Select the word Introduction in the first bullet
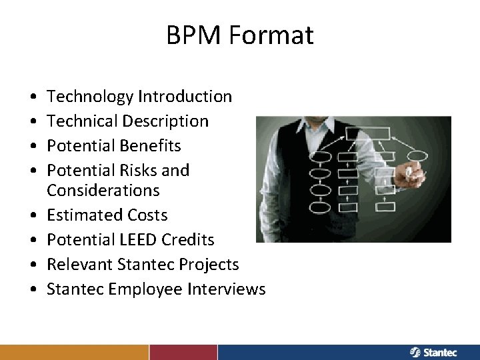point(185,97)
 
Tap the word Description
point(165,121)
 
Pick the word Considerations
point(103,191)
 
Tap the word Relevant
point(79,265)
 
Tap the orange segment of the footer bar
point(74,352)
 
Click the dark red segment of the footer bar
point(183,352)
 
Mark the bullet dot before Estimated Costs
point(33,216)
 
